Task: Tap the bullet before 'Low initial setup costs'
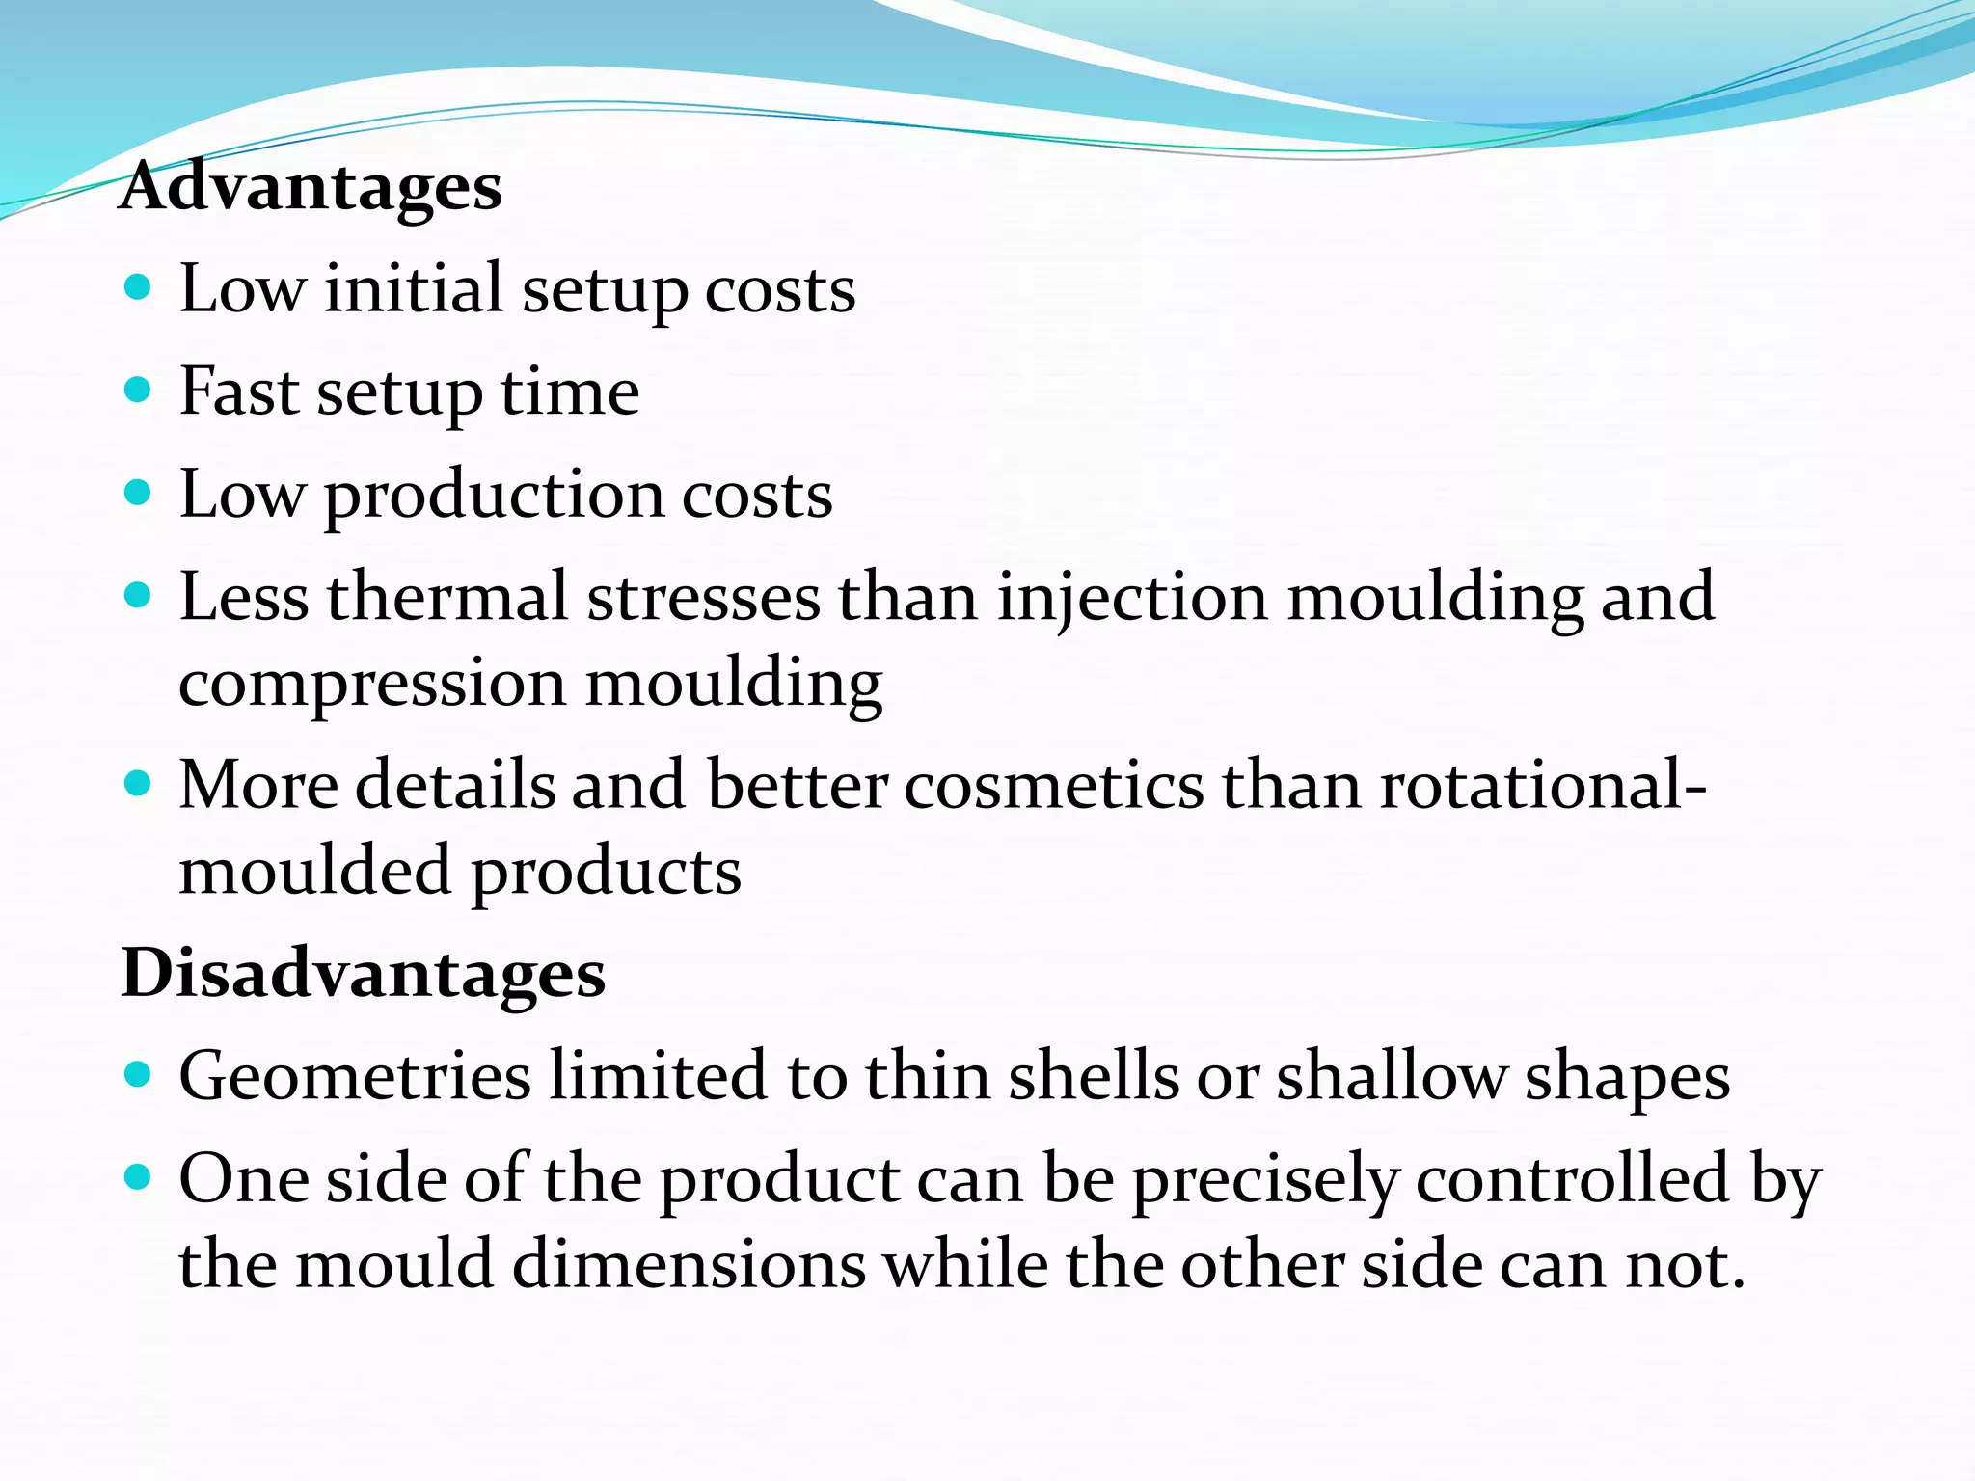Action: (x=139, y=287)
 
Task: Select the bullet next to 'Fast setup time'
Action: (x=139, y=390)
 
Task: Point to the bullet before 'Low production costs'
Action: (x=139, y=493)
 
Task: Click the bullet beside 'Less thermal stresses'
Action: (x=139, y=595)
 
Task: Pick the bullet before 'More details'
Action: (x=139, y=783)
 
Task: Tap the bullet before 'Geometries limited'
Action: (x=139, y=1074)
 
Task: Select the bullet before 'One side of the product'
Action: (x=139, y=1177)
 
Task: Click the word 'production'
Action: (x=493, y=496)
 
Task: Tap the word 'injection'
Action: (x=1131, y=598)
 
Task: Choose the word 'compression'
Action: (x=371, y=685)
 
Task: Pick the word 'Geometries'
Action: (x=355, y=1076)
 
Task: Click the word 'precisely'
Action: (x=1264, y=1180)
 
